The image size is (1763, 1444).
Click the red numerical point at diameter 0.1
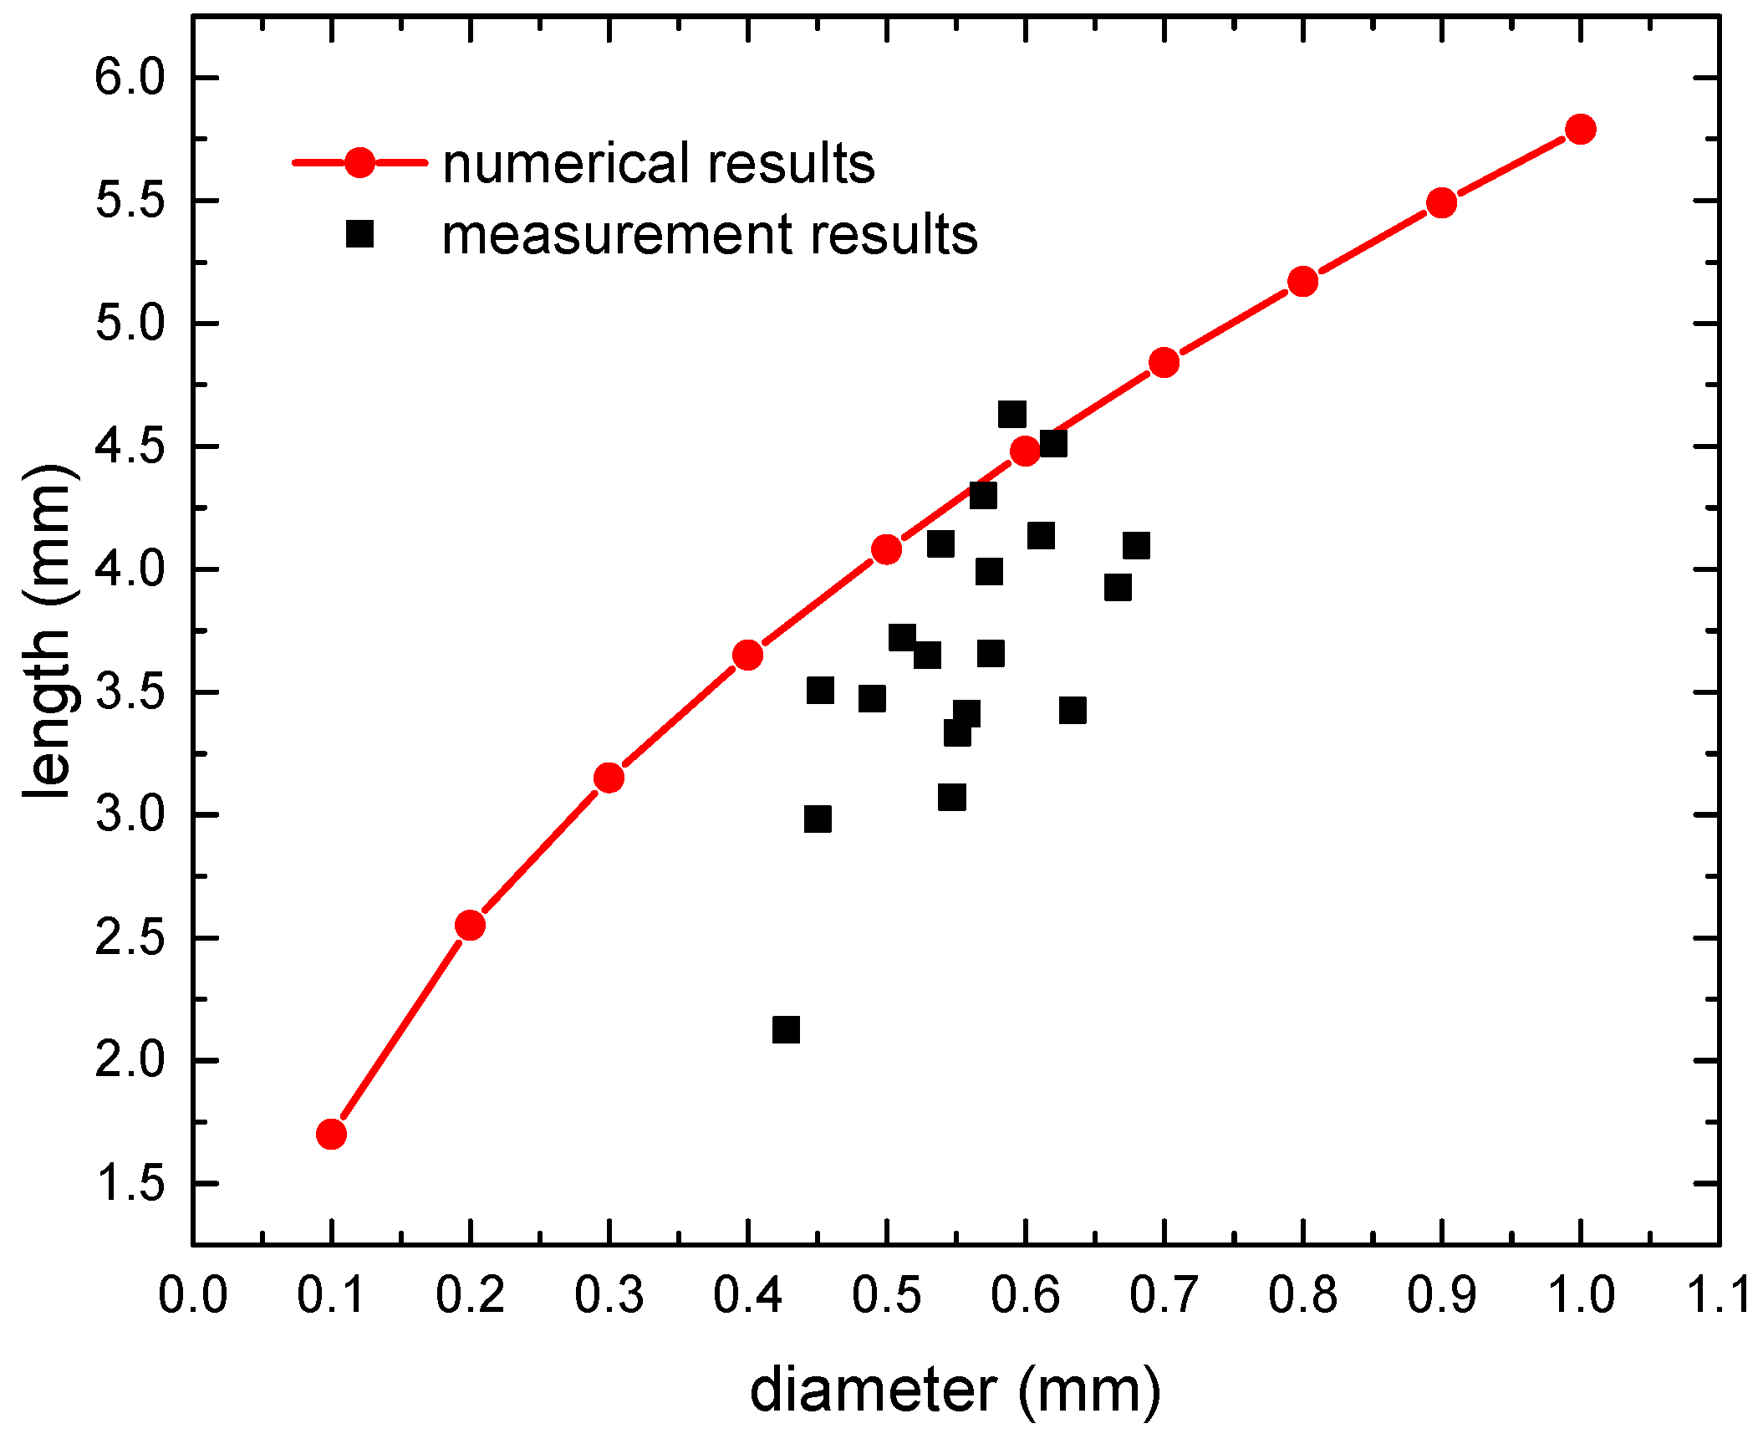(x=331, y=1135)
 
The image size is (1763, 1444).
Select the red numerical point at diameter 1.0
(x=1580, y=130)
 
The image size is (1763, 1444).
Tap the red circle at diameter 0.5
(x=886, y=550)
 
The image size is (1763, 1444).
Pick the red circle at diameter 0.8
(x=1302, y=282)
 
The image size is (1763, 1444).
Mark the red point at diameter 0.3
(x=609, y=778)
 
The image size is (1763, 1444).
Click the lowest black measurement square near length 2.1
(x=786, y=1030)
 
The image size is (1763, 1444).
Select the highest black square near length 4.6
(x=1011, y=414)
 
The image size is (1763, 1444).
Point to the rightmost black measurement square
(x=1136, y=546)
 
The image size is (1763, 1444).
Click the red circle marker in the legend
(x=359, y=163)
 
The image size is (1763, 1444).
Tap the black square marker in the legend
(x=359, y=234)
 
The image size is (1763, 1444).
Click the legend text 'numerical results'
(x=658, y=163)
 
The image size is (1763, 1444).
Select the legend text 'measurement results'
(x=709, y=235)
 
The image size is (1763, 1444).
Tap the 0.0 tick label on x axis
(x=193, y=1295)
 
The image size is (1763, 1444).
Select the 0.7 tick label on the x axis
(x=1164, y=1295)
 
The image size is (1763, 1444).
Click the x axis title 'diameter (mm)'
(x=955, y=1390)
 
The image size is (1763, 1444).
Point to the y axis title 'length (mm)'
(x=48, y=631)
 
